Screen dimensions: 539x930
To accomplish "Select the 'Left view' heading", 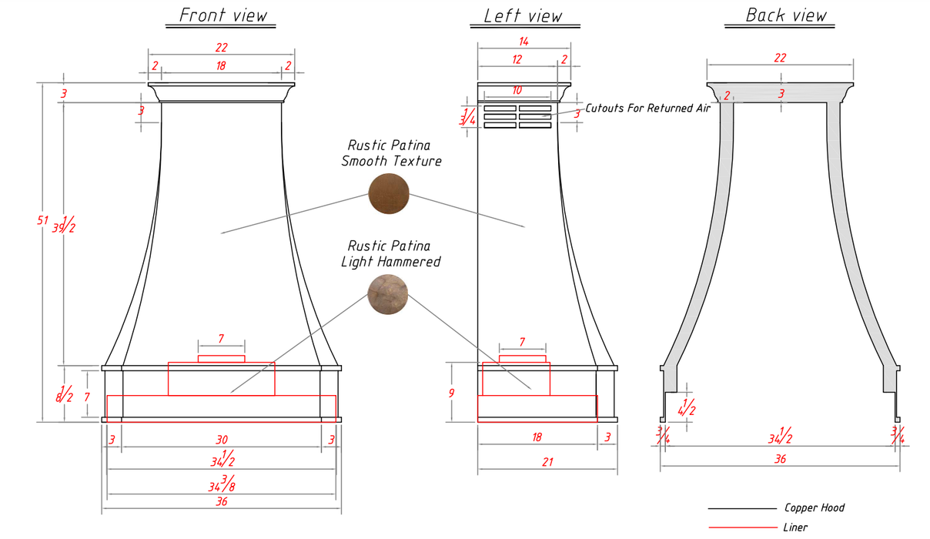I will click(x=523, y=16).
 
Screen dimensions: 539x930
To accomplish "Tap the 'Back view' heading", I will click(x=786, y=15).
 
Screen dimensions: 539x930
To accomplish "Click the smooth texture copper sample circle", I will click(x=389, y=192).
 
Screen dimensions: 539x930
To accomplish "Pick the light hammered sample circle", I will click(x=389, y=294).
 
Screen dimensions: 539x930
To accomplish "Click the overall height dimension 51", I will click(x=42, y=221).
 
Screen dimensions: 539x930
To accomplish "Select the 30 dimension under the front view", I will click(x=222, y=440).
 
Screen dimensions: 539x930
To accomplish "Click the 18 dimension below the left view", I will click(x=537, y=437).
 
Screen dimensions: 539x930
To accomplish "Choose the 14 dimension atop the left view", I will click(x=524, y=41).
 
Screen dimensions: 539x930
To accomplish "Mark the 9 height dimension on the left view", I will click(x=452, y=393).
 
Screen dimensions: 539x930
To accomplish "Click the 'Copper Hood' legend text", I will click(x=814, y=507).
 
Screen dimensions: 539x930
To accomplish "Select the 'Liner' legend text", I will click(x=795, y=527).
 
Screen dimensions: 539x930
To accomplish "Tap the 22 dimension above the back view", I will click(x=780, y=58).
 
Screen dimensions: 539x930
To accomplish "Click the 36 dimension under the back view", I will click(x=780, y=459).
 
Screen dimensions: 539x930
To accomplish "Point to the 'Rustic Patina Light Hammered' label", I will click(x=390, y=254).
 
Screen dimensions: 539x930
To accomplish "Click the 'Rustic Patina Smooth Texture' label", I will click(x=391, y=153).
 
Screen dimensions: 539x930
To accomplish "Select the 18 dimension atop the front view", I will click(x=221, y=66).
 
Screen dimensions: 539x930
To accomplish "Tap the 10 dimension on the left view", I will click(x=517, y=91).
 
